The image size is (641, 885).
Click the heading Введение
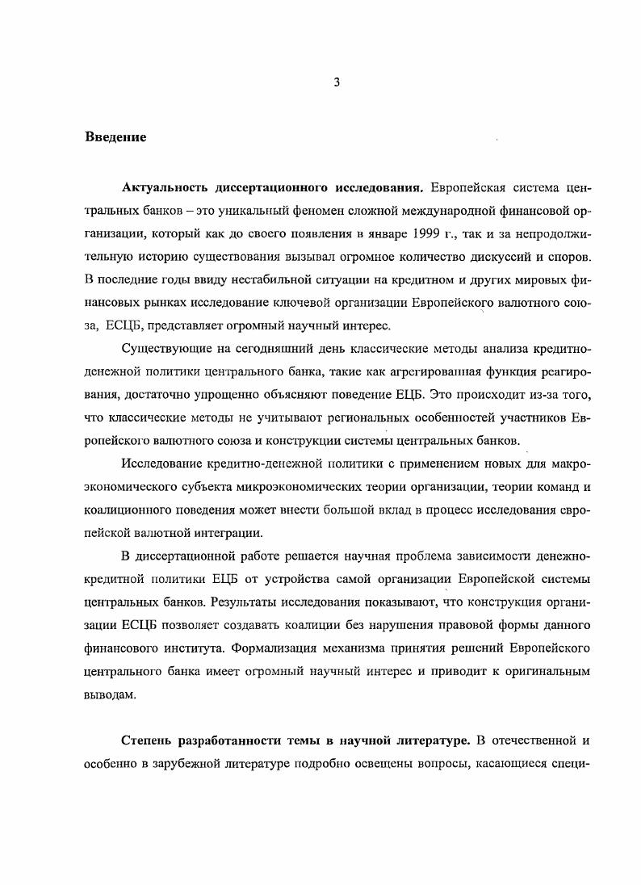click(x=115, y=137)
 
